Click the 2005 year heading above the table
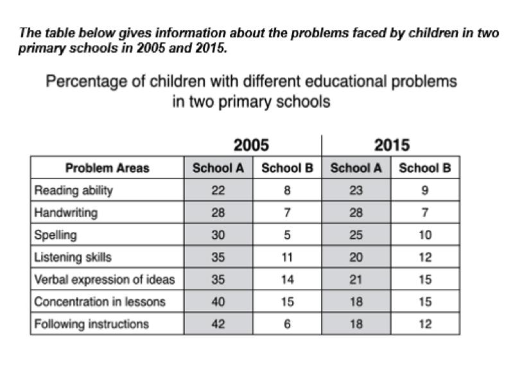tap(251, 145)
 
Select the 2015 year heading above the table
tap(392, 145)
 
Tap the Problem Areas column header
tap(107, 168)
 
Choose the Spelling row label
tap(55, 235)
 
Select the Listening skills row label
tap(73, 257)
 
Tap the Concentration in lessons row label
tap(99, 301)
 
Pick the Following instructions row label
tap(91, 324)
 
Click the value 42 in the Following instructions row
tap(218, 324)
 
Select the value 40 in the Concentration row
tap(218, 301)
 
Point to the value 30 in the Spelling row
tap(218, 235)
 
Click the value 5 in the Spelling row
tap(287, 235)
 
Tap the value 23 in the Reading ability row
tap(356, 190)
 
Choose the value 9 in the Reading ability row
tap(424, 190)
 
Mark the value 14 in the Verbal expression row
tap(287, 279)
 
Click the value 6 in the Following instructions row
tap(287, 324)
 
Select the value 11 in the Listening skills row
tap(287, 257)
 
